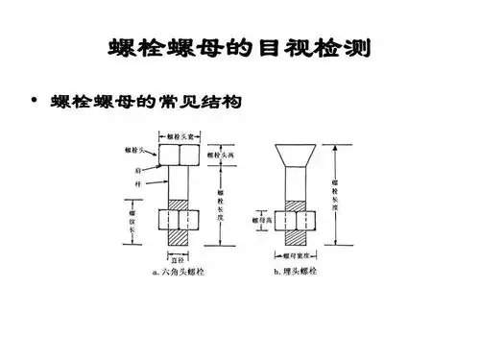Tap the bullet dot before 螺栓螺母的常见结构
click(36, 100)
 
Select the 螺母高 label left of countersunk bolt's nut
click(263, 219)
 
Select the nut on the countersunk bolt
click(298, 220)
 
